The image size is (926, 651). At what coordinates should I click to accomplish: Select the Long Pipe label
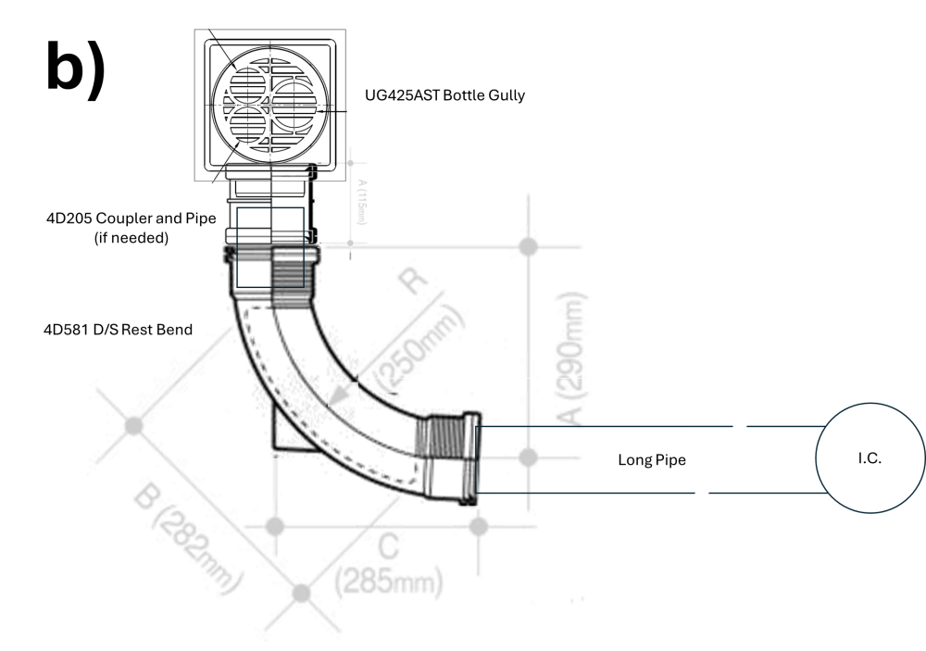pos(652,459)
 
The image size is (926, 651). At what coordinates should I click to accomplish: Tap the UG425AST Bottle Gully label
pos(444,95)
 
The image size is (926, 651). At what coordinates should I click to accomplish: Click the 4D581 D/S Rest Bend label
pos(119,330)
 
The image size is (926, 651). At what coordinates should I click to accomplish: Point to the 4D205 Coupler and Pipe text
pos(131,218)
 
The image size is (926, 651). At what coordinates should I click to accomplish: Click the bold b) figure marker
pos(76,66)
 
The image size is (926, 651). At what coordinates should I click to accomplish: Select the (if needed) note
pos(131,237)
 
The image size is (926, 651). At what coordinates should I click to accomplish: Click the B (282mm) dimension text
pos(188,538)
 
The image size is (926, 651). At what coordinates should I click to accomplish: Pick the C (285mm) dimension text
pos(389,565)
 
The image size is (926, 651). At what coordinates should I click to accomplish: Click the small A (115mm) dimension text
pos(362,202)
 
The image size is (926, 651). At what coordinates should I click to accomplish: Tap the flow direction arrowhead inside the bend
pos(338,394)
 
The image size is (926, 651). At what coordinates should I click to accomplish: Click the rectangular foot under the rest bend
pos(289,432)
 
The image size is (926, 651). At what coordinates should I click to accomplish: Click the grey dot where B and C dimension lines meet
pos(302,593)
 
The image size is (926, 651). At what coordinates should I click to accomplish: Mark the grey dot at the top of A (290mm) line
pos(528,246)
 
